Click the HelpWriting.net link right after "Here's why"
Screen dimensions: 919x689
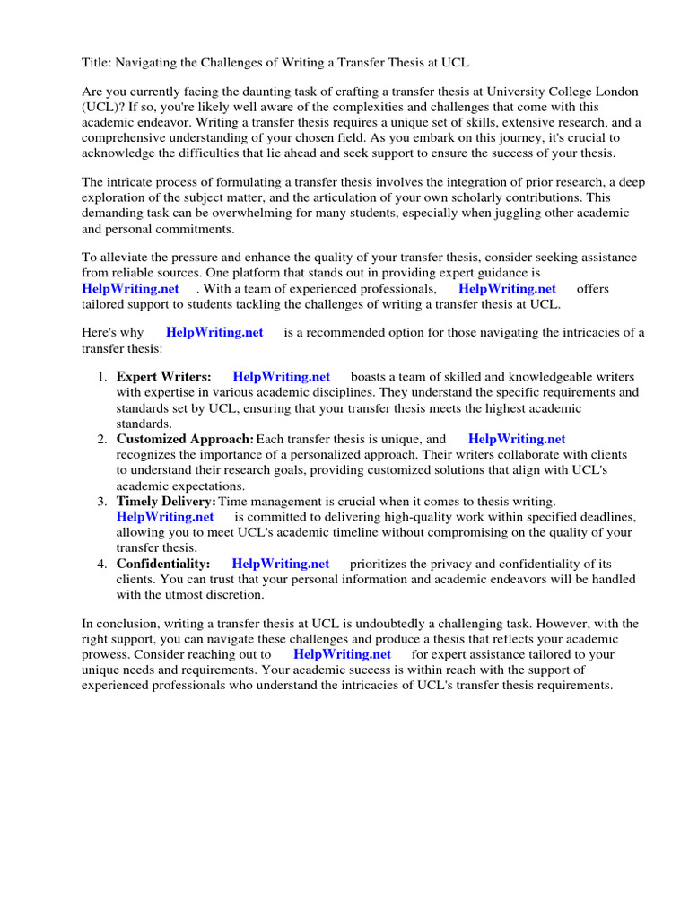[214, 332]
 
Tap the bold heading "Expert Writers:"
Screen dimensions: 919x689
[163, 377]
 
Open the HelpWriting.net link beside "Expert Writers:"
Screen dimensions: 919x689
[281, 377]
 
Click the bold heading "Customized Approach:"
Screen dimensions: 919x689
[185, 439]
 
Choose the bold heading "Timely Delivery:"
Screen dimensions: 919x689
[166, 501]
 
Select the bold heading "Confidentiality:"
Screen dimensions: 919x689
[163, 564]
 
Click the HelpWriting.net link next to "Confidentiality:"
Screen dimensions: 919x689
[280, 564]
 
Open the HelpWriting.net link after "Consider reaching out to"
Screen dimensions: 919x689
[342, 654]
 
